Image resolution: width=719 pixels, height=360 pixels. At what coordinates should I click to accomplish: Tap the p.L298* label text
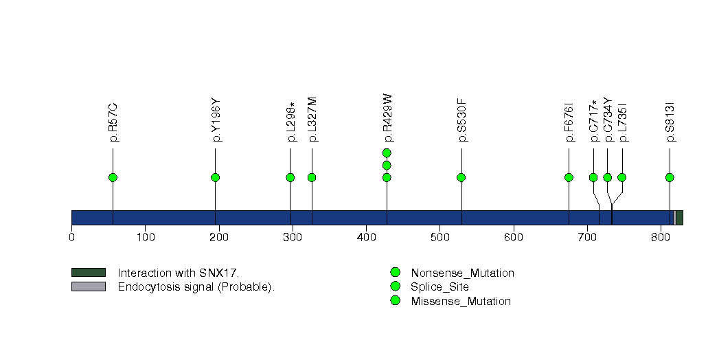[x=291, y=122]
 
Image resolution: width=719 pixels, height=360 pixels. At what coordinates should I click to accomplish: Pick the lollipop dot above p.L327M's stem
[x=312, y=177]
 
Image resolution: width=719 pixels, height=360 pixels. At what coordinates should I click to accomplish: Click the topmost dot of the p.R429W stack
[x=387, y=153]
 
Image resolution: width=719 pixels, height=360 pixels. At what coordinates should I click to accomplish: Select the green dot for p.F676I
[x=569, y=177]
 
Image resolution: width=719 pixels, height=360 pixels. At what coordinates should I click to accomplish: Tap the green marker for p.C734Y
[x=607, y=177]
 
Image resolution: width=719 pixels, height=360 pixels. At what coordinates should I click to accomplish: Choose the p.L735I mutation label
[x=623, y=122]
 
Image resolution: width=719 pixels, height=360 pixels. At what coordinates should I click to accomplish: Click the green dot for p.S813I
[x=670, y=177]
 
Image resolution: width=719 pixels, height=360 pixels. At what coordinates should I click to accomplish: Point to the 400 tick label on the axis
[x=366, y=238]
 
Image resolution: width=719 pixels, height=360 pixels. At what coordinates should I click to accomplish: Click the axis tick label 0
[x=71, y=238]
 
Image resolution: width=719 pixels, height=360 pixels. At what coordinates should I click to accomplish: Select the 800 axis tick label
[x=661, y=238]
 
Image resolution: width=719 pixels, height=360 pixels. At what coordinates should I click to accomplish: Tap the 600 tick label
[x=513, y=238]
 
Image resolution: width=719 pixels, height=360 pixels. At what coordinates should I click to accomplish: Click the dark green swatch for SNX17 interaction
[x=89, y=273]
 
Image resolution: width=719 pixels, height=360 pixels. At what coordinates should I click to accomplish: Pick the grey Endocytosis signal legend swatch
[x=89, y=286]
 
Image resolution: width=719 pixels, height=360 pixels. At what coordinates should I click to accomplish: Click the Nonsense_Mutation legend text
[x=462, y=273]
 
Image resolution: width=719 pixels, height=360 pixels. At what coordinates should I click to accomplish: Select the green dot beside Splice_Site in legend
[x=395, y=286]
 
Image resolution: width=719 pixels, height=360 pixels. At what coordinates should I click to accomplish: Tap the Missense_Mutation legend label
[x=461, y=301]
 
